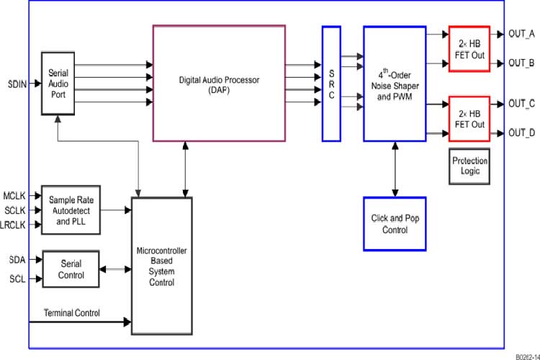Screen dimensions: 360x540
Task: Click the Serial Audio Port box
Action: click(x=58, y=84)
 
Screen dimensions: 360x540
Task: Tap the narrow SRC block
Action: click(x=330, y=84)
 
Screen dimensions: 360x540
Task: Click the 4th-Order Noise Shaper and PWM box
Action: click(x=395, y=84)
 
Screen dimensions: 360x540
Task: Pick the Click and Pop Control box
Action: click(x=395, y=224)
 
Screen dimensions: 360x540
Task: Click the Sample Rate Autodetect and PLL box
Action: click(x=71, y=210)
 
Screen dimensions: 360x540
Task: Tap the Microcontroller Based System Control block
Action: click(x=162, y=266)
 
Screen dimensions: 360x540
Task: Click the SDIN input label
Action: click(x=17, y=84)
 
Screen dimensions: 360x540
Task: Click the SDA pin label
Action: click(x=18, y=258)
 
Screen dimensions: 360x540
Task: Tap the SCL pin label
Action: click(x=18, y=279)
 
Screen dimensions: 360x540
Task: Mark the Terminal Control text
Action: click(x=72, y=312)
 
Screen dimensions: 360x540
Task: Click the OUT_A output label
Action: click(x=521, y=34)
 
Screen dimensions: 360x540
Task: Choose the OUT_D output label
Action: click(x=521, y=132)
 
